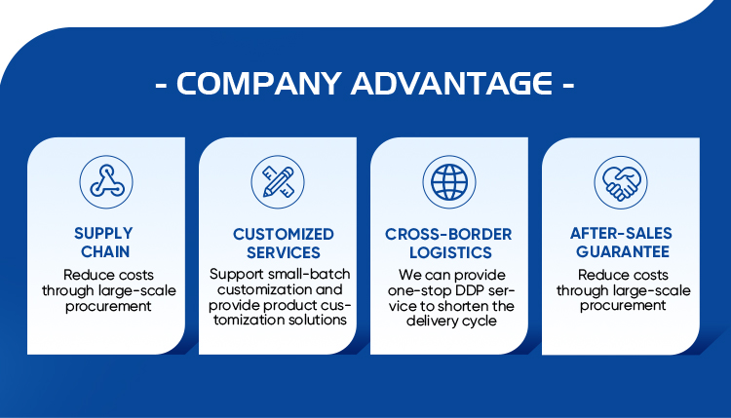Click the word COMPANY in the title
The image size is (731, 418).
coord(258,84)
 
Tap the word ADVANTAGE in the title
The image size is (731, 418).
coord(451,84)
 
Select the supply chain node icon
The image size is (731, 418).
coord(106,182)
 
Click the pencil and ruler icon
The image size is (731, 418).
coord(278,182)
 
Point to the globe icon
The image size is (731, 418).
coord(449,182)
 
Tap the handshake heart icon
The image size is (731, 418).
coord(621,182)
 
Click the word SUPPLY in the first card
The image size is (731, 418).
coord(103,233)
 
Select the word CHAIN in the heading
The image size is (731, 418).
coord(105,251)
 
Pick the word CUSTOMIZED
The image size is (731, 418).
coord(284,234)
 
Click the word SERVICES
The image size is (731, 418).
coord(284,252)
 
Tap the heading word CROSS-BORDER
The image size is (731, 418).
coord(448,234)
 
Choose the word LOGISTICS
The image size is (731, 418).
coord(451,252)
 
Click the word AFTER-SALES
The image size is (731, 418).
coord(621,233)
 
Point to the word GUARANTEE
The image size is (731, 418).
coord(623,251)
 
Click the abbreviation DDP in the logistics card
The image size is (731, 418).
coord(470,290)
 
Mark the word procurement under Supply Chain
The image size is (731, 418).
coord(108,307)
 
